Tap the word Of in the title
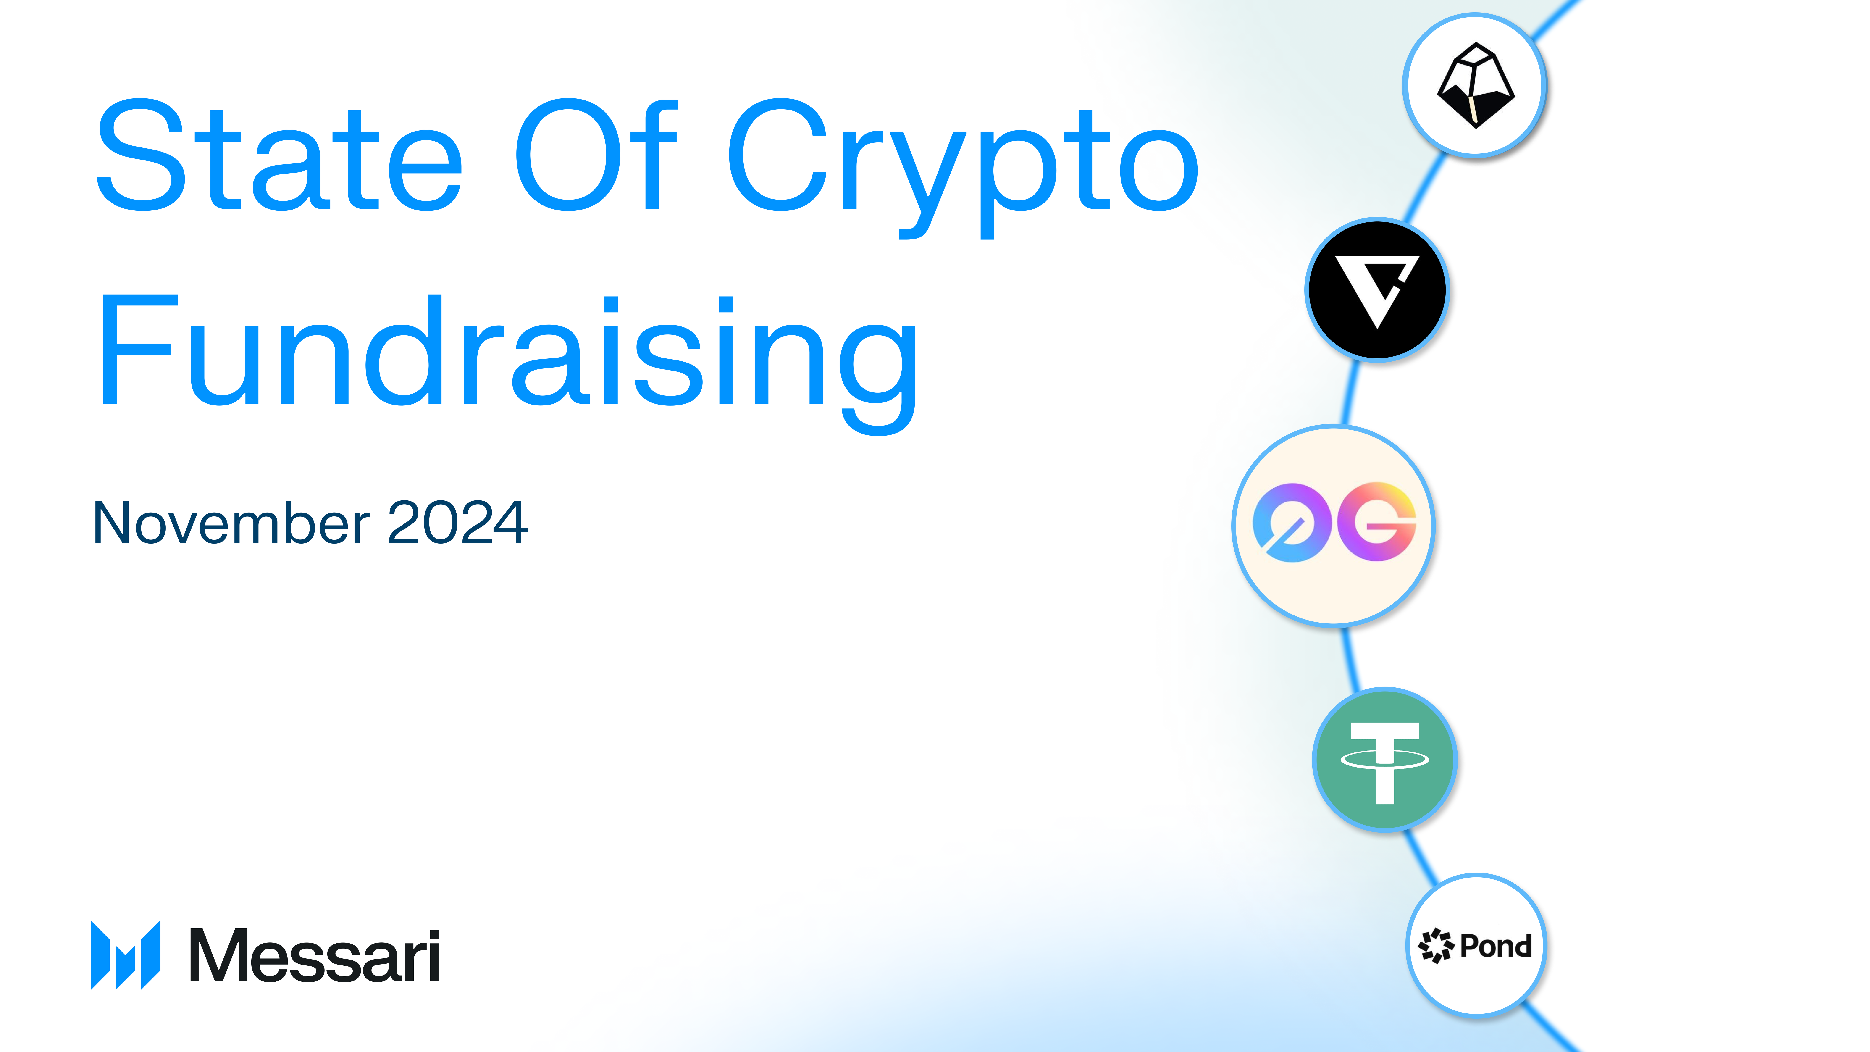coord(595,156)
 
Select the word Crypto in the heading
coord(962,163)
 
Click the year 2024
coord(457,523)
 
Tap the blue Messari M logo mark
coord(125,955)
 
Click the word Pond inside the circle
coord(1495,946)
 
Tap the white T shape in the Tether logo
coord(1384,762)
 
